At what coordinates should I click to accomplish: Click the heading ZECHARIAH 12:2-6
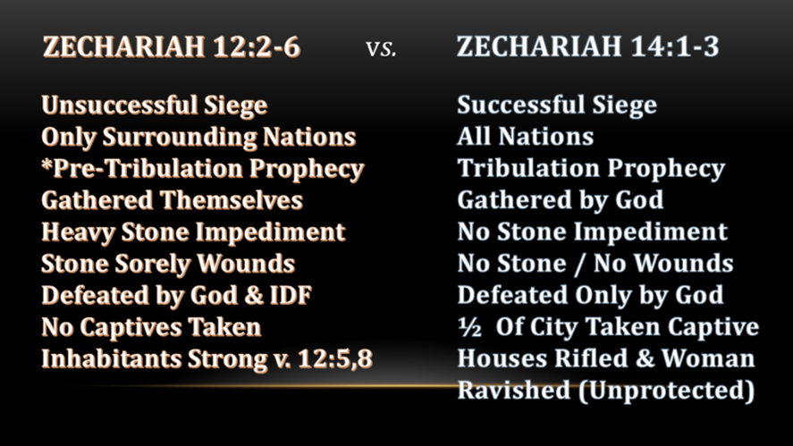coord(172,46)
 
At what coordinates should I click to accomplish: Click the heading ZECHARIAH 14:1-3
coord(587,46)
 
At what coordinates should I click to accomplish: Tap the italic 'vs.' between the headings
coord(381,49)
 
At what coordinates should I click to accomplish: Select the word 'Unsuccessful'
coord(120,105)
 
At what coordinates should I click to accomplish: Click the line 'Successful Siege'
coord(557,106)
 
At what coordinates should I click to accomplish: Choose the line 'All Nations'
coord(525,137)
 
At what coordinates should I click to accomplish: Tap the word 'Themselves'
coord(232,200)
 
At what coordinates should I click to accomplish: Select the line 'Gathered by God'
coord(561,201)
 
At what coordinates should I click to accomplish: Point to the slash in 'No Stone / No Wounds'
coord(579,265)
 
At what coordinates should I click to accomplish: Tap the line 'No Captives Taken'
coord(151,328)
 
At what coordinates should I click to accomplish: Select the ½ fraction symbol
coord(469,328)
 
